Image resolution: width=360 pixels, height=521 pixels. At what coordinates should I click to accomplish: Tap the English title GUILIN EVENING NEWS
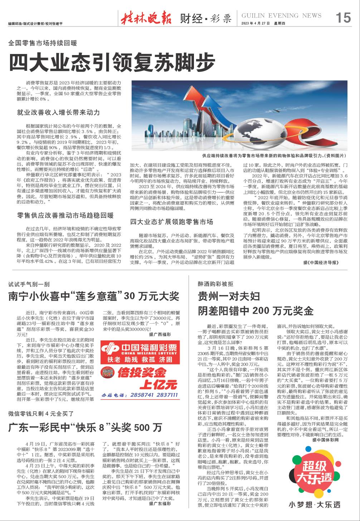pyautogui.click(x=281, y=15)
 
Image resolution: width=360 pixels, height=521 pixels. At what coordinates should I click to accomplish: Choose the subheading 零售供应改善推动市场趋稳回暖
pyautogui.click(x=65, y=215)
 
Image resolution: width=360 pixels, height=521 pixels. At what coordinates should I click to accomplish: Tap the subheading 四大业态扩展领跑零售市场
pyautogui.click(x=171, y=222)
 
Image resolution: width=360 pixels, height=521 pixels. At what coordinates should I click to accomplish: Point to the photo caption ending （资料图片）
pyautogui.click(x=275, y=156)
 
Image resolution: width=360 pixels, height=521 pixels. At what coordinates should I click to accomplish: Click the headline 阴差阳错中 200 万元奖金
pyautogui.click(x=256, y=310)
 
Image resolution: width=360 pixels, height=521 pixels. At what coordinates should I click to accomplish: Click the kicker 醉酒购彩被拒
pyautogui.click(x=215, y=284)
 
